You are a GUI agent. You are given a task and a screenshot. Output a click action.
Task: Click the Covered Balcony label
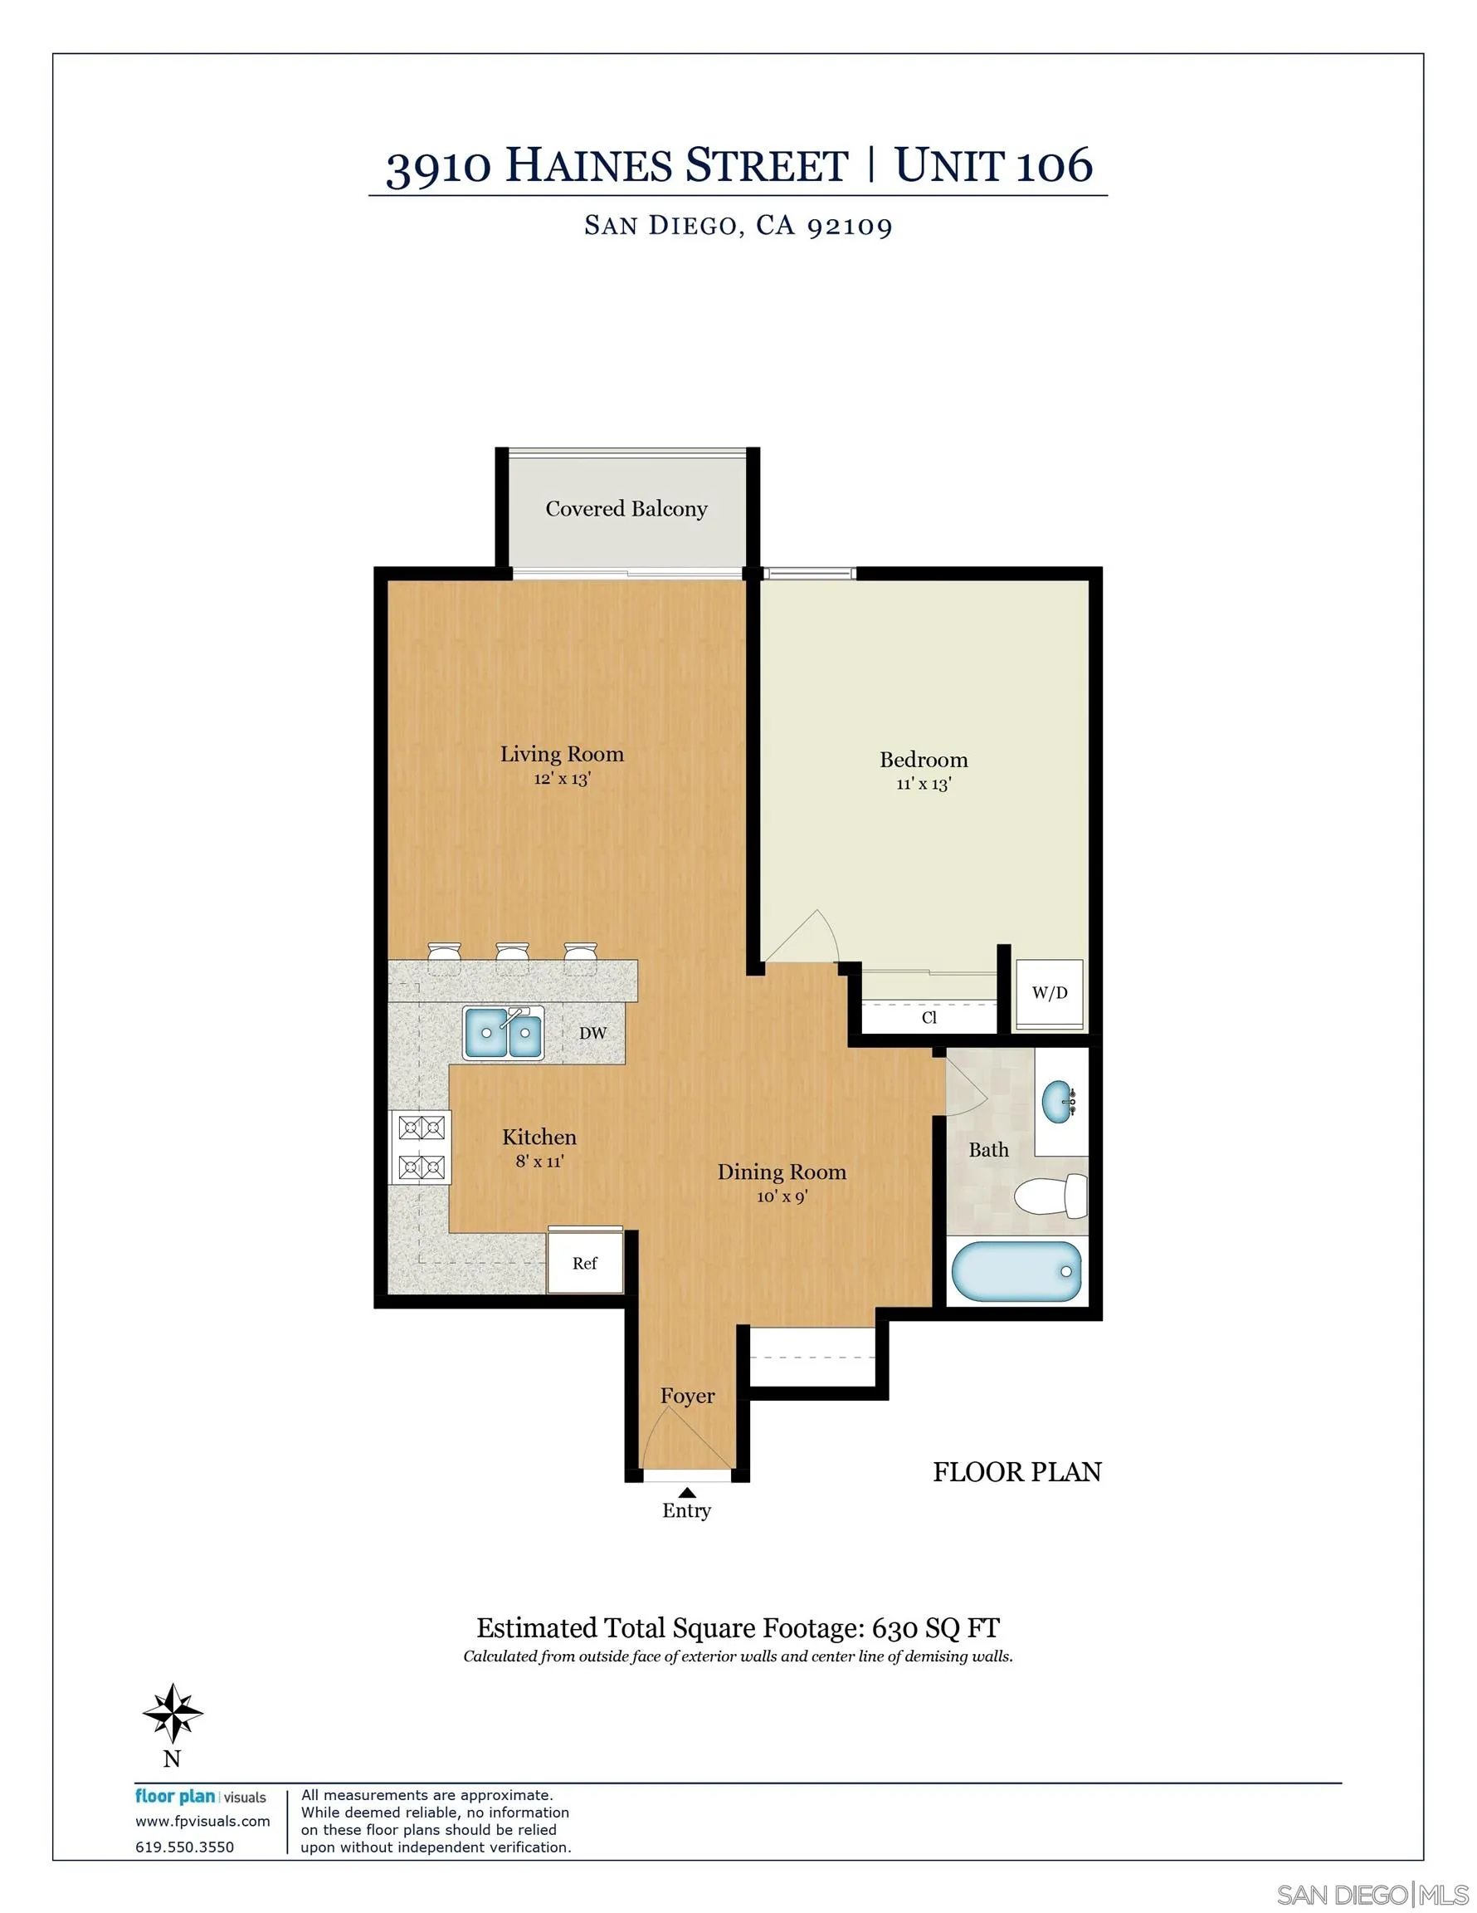(626, 509)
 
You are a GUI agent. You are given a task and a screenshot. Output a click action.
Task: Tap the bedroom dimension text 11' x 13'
(923, 784)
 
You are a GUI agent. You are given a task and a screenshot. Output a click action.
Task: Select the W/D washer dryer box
(1049, 993)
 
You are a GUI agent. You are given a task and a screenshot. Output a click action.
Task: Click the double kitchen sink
(504, 1033)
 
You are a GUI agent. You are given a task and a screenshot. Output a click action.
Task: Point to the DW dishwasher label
(592, 1034)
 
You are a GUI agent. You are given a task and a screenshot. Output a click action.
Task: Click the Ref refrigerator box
(585, 1263)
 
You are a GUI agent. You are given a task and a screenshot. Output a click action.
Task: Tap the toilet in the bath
(1050, 1196)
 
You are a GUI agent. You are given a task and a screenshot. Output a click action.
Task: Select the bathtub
(1016, 1272)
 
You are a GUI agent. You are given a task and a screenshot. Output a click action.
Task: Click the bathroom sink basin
(1060, 1100)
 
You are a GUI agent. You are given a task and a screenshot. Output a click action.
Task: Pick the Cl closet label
(929, 1018)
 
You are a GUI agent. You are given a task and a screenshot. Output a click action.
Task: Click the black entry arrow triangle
(687, 1493)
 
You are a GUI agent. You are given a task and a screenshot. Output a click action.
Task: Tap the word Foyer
(687, 1397)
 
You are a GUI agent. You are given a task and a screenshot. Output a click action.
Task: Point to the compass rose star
(173, 1713)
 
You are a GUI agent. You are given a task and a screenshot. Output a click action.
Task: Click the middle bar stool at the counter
(512, 955)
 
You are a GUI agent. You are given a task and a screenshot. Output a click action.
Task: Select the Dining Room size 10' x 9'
(782, 1196)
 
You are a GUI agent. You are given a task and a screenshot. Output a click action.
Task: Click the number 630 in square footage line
(895, 1628)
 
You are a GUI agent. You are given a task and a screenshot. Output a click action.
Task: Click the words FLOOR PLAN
(1016, 1472)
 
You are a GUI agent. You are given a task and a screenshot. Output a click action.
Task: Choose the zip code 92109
(849, 226)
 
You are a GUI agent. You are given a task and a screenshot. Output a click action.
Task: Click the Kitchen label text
(539, 1138)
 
